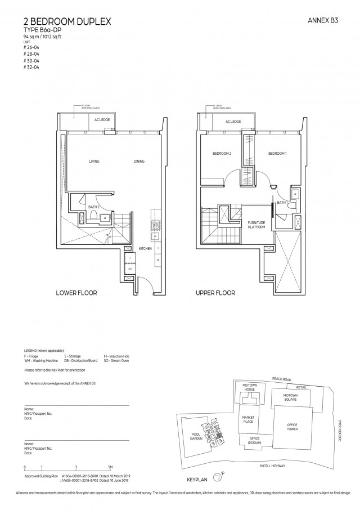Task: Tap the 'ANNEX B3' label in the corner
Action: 322,21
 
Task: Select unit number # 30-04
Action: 31,62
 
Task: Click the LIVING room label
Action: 94,162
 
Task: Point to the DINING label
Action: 139,162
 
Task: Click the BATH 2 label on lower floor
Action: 94,207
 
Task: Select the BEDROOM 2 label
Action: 222,154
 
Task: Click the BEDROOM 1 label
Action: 278,154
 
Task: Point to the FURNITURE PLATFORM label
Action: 256,225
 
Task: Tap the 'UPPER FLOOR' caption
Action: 215,293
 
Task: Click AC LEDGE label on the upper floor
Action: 233,122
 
